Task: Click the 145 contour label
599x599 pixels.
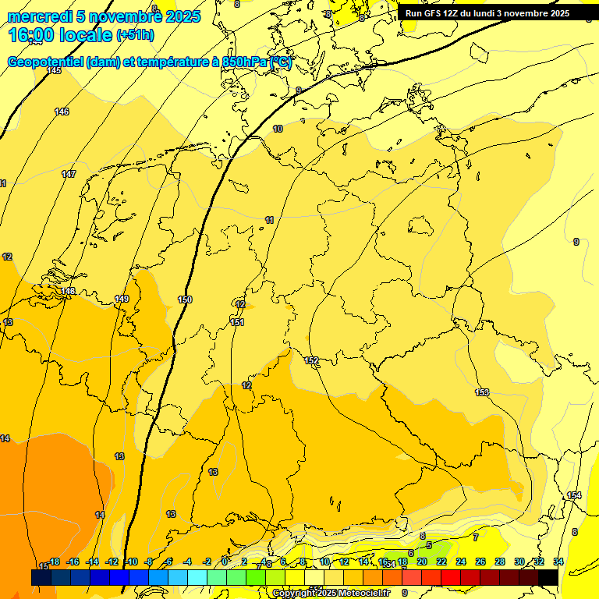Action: pos(54,71)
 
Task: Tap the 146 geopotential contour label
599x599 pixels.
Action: pos(62,112)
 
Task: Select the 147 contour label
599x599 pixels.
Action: pos(69,174)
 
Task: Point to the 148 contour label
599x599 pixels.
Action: pos(69,291)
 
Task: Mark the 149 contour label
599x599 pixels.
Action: pos(122,299)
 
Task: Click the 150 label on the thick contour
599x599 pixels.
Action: pos(185,299)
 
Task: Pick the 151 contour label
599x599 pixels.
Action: pos(238,322)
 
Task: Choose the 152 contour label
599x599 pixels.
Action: pos(312,360)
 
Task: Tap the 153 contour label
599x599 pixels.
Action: pos(482,392)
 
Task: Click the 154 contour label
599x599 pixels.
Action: pos(574,496)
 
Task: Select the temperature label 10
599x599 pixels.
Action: pos(278,129)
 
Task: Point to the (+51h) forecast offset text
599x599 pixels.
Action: pos(135,35)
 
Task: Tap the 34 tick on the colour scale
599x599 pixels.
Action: pos(558,562)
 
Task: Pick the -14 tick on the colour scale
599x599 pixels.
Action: pos(93,562)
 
